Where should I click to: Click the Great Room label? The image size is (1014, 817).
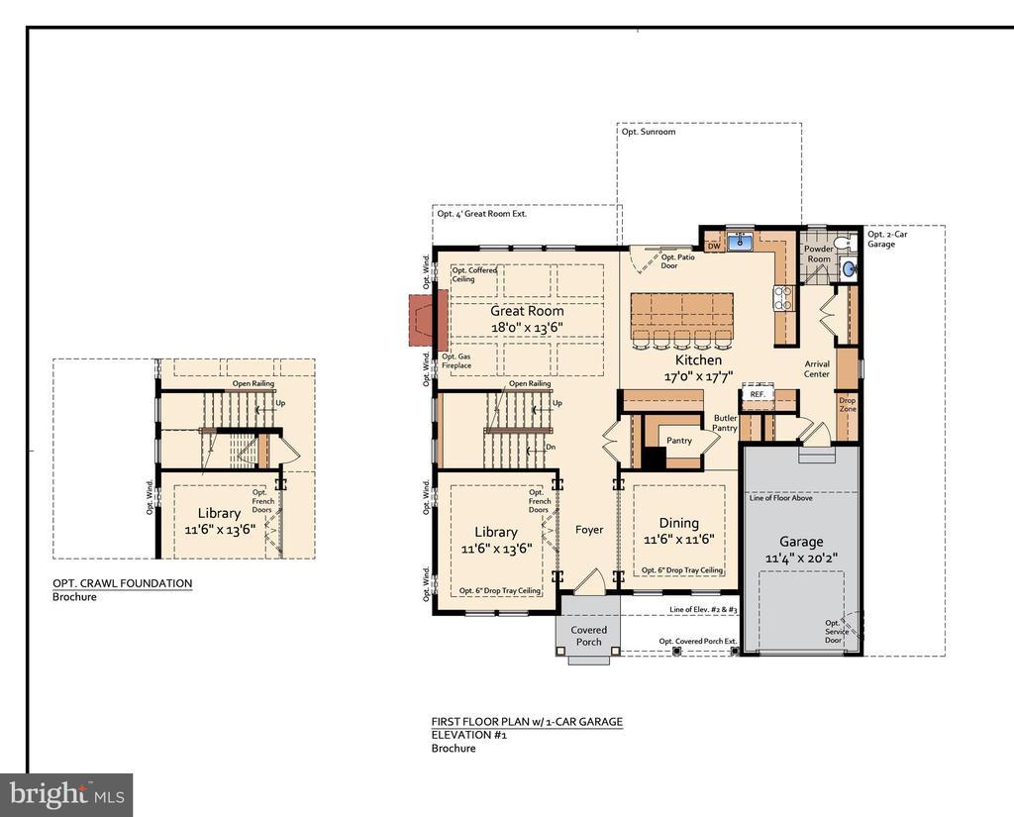(x=527, y=311)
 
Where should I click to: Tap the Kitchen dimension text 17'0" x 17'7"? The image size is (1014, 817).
(x=699, y=376)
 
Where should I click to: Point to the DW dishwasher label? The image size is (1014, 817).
(x=713, y=246)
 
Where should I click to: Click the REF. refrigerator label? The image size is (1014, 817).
(x=758, y=394)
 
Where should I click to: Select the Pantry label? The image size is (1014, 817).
(x=679, y=440)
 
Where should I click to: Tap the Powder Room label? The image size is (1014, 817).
(x=819, y=255)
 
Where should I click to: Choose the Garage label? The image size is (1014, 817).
(x=801, y=542)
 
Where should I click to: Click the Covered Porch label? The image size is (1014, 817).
(x=589, y=636)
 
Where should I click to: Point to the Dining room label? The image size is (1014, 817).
(x=678, y=523)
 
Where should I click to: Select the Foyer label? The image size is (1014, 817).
(x=589, y=530)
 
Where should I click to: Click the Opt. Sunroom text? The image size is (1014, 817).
(x=649, y=132)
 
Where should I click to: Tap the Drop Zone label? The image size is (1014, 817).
(x=847, y=405)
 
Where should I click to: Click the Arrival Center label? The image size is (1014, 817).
(x=817, y=369)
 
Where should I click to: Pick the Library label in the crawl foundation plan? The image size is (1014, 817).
(x=218, y=513)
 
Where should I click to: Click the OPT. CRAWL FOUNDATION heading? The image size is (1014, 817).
(x=122, y=583)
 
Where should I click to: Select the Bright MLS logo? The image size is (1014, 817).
(x=66, y=794)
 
